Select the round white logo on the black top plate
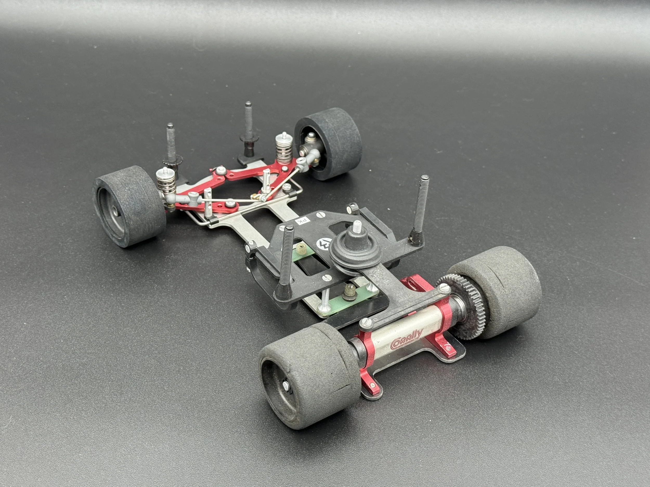click(x=322, y=243)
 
